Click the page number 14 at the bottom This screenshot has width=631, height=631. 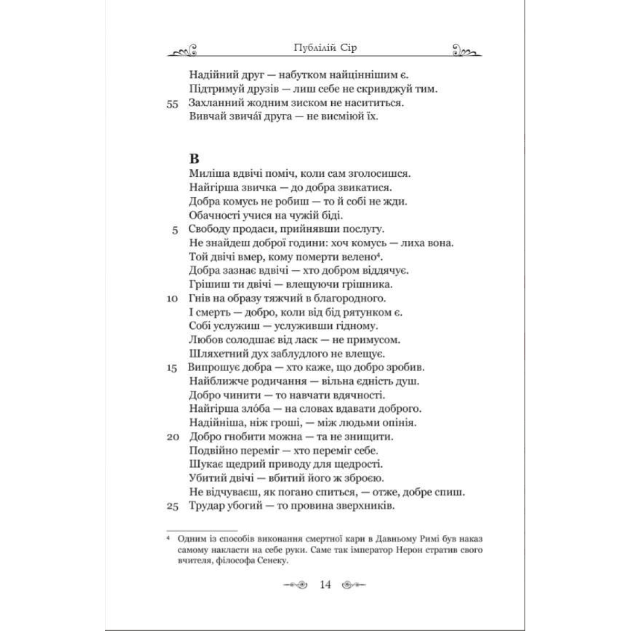pos(325,584)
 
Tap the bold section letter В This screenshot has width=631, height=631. pos(195,158)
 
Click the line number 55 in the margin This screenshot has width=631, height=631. pos(172,104)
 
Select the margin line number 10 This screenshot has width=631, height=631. pos(172,299)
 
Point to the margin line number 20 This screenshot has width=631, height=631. pos(172,437)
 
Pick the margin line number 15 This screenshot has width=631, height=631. pos(172,368)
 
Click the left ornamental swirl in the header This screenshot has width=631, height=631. pos(181,51)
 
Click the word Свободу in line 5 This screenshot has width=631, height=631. pos(209,229)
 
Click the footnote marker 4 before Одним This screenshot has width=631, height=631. pos(168,538)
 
